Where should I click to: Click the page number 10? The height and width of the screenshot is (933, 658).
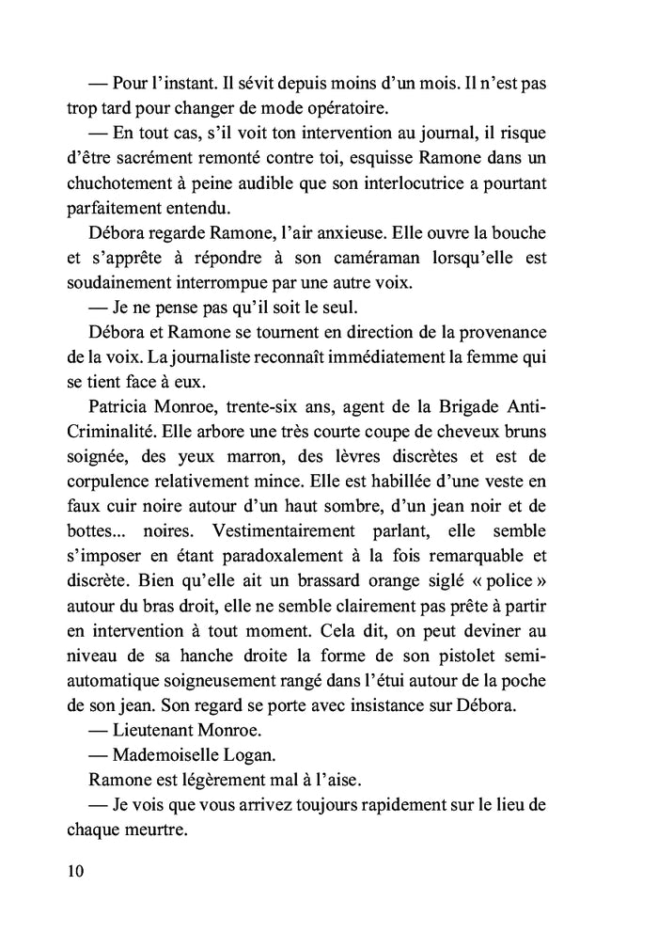pos(76,870)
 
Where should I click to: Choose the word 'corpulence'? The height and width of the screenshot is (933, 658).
pos(111,480)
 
